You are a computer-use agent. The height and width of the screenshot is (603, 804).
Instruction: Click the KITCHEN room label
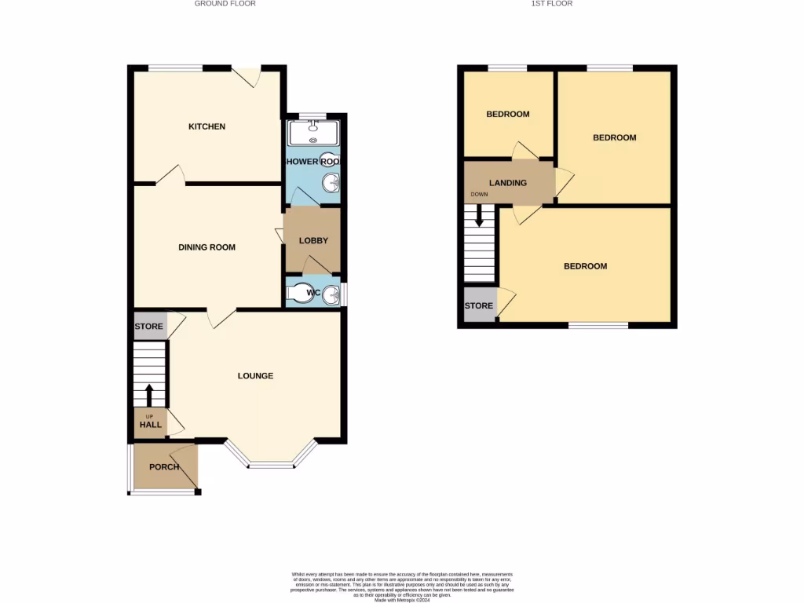point(206,126)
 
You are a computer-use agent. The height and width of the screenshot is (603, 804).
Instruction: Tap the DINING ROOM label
point(206,247)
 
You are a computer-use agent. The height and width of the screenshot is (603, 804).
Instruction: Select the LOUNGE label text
point(255,376)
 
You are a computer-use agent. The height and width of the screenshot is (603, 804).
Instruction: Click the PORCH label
point(164,467)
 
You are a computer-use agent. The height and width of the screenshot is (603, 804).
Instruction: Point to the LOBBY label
point(312,241)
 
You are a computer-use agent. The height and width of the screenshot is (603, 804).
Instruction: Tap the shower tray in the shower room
point(313,133)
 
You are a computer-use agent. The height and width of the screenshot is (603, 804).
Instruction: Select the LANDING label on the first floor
point(507,183)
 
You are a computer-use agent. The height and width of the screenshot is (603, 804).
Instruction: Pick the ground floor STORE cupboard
point(149,327)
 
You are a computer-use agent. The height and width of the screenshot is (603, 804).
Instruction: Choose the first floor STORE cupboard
point(479,306)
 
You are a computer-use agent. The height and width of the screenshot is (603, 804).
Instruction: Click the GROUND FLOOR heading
point(225,4)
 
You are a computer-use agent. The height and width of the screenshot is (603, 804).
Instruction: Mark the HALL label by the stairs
point(150,425)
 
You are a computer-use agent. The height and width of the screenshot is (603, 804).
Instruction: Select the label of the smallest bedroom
point(507,115)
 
